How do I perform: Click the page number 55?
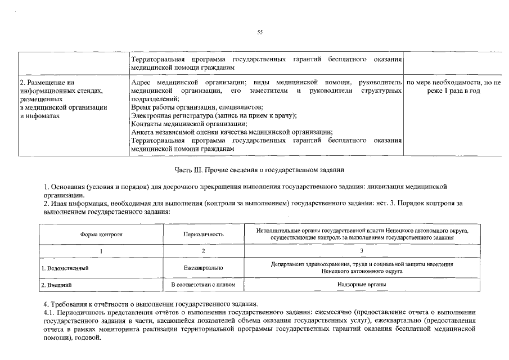[260, 33]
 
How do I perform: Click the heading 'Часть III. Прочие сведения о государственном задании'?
[259, 169]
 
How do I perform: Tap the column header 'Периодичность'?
[204, 234]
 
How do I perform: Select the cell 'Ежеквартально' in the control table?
[204, 268]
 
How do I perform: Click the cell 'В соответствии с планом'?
[204, 285]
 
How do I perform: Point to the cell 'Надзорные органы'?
[362, 285]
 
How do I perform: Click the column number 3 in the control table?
[362, 251]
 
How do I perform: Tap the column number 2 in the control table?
[204, 251]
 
